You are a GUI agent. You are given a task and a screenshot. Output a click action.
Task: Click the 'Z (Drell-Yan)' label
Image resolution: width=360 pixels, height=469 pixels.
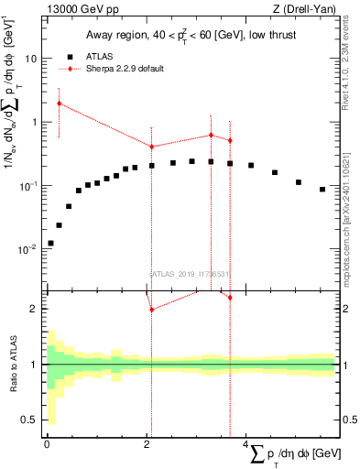[307, 10]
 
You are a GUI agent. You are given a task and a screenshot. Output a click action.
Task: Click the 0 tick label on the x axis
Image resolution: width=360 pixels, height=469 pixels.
[47, 445]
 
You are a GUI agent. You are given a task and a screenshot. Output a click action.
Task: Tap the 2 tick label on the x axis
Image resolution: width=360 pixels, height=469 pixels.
[147, 445]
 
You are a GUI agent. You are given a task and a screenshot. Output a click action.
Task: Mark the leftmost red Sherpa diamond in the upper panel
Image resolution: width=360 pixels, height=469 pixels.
[59, 103]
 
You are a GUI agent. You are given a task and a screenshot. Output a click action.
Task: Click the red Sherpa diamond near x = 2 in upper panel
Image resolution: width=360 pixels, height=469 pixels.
[151, 147]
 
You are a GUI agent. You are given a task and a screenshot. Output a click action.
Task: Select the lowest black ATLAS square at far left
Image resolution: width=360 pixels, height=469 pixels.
[50, 243]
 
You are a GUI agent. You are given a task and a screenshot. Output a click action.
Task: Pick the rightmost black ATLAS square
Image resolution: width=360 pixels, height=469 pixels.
[322, 190]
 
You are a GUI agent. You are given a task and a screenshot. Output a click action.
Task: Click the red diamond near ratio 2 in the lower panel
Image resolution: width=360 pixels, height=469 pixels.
[151, 310]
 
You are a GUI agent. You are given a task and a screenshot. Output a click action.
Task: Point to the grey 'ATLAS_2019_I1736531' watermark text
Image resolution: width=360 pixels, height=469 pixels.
[189, 273]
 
